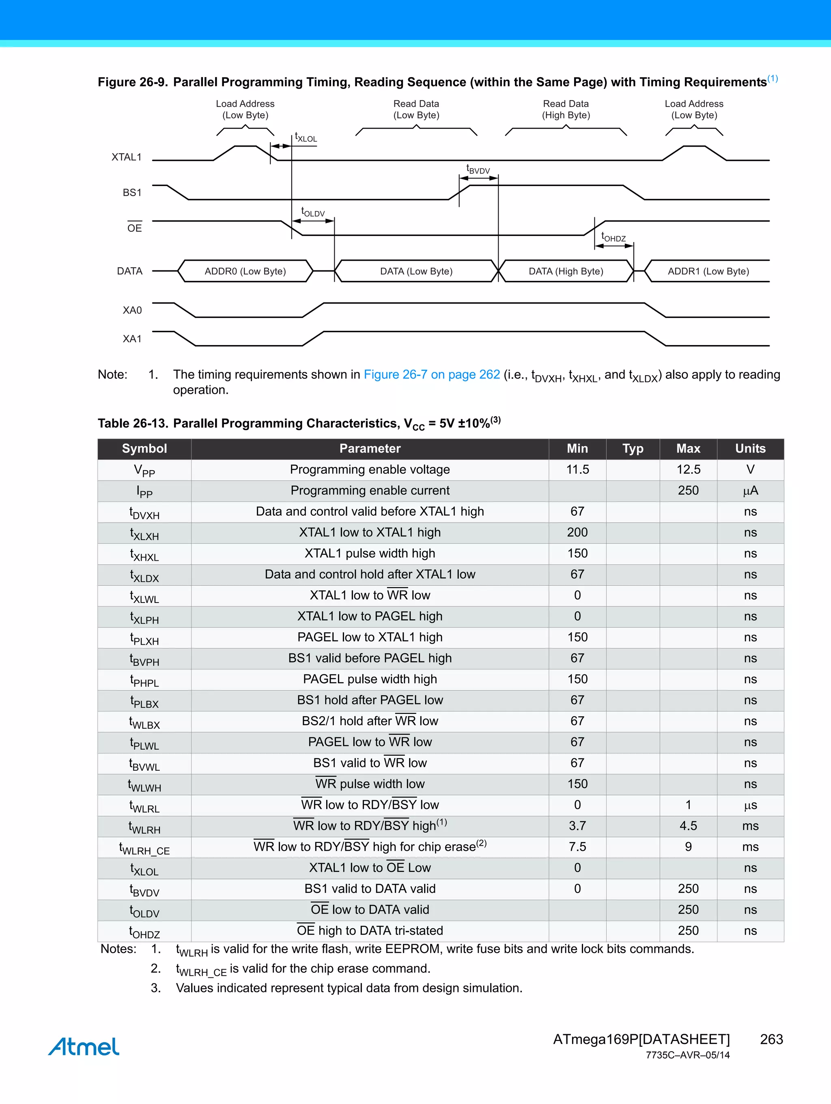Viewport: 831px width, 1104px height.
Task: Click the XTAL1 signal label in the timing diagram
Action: (126, 157)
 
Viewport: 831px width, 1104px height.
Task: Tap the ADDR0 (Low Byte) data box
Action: (245, 271)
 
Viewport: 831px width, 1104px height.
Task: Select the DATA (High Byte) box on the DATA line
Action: (566, 271)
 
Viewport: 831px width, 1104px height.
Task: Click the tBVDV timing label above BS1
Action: (478, 170)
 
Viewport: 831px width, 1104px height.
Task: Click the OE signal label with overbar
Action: (134, 228)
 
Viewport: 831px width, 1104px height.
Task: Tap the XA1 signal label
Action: (132, 339)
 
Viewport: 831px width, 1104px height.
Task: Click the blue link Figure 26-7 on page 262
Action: (431, 374)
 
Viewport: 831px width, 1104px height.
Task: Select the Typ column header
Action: (633, 449)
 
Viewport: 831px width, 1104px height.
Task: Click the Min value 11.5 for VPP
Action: (577, 470)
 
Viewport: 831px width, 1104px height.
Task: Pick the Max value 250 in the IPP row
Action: (688, 490)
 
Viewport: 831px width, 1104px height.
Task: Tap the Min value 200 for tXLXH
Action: (577, 533)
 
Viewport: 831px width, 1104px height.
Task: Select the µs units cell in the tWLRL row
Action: (750, 805)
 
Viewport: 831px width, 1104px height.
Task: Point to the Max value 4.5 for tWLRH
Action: (688, 826)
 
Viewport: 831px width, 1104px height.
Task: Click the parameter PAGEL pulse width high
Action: (370, 679)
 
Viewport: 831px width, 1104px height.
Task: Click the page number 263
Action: (771, 1039)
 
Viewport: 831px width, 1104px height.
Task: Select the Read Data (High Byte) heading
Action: (566, 109)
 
